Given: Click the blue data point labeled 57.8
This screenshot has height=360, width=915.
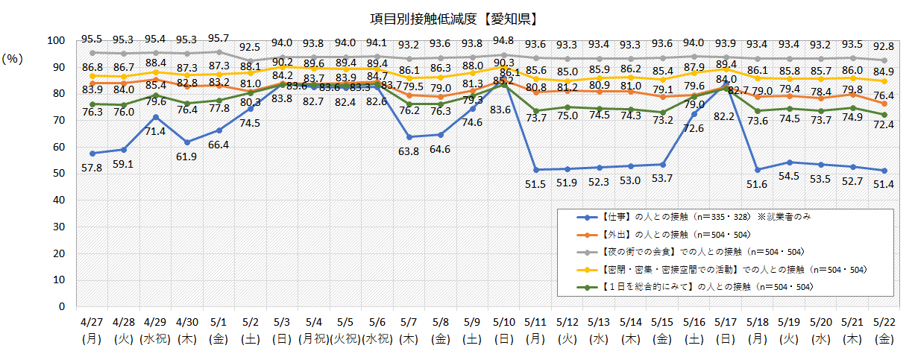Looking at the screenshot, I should click(92, 153).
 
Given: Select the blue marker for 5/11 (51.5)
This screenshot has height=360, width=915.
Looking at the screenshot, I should click(535, 170).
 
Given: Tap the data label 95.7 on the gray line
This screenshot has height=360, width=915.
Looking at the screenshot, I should click(218, 38).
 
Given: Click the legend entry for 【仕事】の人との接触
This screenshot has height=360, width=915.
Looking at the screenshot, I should click(671, 218).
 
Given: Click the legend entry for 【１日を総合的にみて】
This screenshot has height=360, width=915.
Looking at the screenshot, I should click(697, 286).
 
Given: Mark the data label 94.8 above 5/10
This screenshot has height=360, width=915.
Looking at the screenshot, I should click(504, 40).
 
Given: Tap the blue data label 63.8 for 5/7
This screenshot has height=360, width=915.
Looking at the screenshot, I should click(408, 151).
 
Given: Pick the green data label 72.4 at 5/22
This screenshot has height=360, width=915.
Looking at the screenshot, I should click(885, 124).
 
